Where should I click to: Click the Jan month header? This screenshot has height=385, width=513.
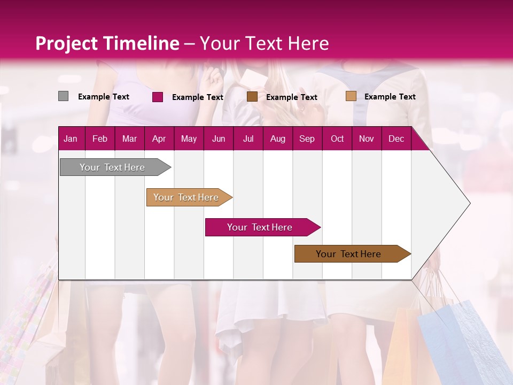coord(71,139)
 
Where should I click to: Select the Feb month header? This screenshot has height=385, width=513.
coord(100,139)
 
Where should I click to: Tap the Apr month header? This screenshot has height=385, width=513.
coord(159,139)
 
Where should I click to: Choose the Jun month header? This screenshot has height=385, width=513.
coord(219,139)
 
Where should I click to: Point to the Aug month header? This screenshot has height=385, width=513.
coord(277,139)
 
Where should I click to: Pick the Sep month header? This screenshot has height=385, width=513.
coord(307,139)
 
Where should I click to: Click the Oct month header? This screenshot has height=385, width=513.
coord(337,139)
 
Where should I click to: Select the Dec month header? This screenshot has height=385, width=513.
coord(396,139)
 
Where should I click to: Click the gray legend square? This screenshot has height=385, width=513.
coord(63,96)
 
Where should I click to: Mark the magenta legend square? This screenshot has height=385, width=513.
coord(157,97)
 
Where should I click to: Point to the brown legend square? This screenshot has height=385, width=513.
coord(252,97)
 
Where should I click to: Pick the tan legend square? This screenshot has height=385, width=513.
coord(351,96)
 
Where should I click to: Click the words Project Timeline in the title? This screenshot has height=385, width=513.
coord(107,43)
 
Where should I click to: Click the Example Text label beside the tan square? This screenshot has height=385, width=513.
coord(390,97)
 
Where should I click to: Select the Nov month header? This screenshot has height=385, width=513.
coord(367,139)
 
